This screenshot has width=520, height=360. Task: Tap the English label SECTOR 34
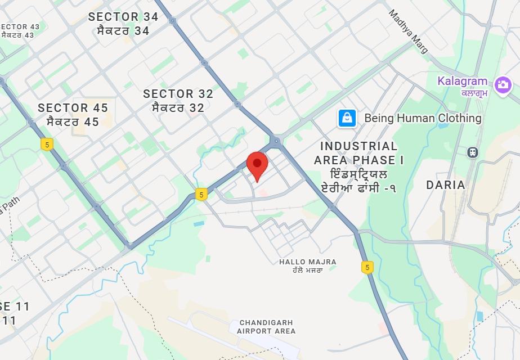[x=123, y=17]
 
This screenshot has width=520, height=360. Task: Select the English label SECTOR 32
[x=178, y=94]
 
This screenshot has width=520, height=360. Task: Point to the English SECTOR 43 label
[x=20, y=26]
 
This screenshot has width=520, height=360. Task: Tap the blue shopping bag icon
[x=347, y=118]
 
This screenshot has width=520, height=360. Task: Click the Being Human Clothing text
[x=423, y=118]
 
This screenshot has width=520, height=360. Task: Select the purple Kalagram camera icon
[x=502, y=85]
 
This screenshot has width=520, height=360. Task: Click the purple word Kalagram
[x=463, y=81]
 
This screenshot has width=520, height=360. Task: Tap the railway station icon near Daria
[x=473, y=152]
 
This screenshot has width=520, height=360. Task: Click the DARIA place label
[x=446, y=184]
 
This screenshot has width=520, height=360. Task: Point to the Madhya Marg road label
[x=409, y=31]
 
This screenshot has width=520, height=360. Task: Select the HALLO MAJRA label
[x=308, y=262]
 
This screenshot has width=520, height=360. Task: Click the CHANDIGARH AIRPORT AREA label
[x=266, y=327]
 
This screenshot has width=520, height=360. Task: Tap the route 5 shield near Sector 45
[x=47, y=144]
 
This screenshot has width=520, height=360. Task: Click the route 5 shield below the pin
[x=201, y=195]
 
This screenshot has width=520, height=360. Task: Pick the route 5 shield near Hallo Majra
[x=367, y=267]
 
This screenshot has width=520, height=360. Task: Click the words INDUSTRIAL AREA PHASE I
[x=358, y=153]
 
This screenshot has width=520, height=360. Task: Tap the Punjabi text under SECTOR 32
[x=178, y=107]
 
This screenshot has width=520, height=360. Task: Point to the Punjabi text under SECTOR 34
[x=123, y=30]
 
